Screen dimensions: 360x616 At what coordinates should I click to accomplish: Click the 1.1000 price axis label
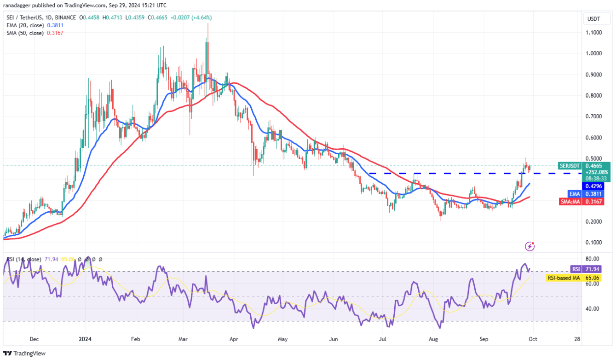tap(594, 33)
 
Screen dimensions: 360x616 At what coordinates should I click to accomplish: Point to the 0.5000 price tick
tap(594, 158)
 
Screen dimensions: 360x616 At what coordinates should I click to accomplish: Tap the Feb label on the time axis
tap(135, 338)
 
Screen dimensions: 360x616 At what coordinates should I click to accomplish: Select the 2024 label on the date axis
tap(85, 338)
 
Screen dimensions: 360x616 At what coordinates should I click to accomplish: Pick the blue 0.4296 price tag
tap(594, 186)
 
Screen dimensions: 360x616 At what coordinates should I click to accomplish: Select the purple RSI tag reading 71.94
tap(576, 269)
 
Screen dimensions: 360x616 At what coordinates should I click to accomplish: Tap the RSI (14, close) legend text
tap(23, 260)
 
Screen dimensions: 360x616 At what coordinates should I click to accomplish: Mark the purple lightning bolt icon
tap(530, 246)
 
